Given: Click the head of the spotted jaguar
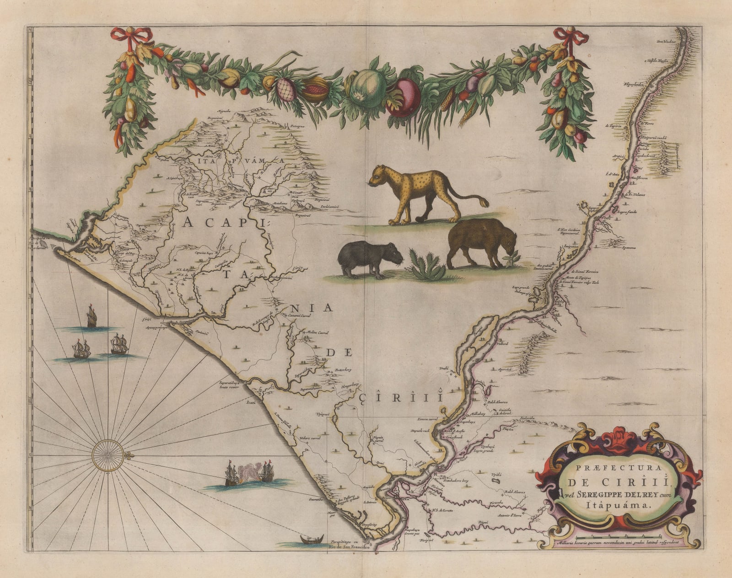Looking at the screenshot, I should coord(379,176).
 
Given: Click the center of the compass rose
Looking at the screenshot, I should coord(108,455).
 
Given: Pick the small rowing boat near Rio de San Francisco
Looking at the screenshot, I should coord(311,540).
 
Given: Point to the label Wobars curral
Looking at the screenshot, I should coord(308,439).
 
